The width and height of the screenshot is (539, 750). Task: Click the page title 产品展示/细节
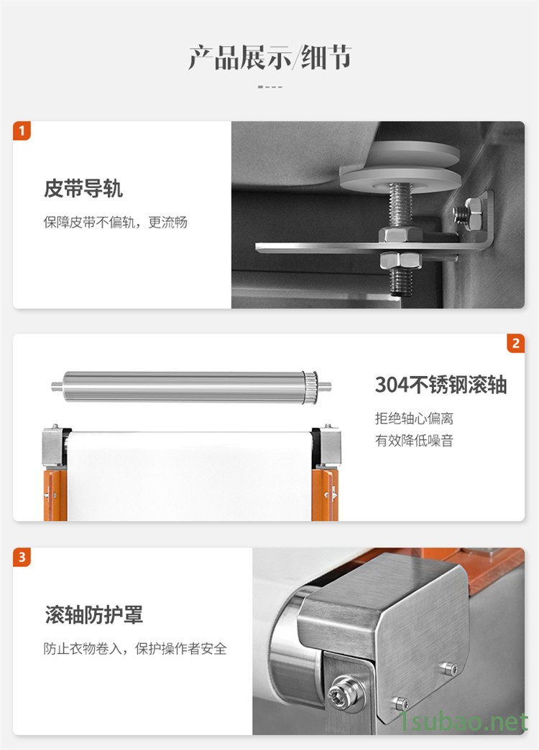tap(269, 57)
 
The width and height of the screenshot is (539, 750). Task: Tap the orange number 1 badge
tap(22, 131)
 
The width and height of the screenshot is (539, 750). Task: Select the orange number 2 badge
tap(515, 343)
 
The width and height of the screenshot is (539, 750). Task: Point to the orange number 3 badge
tap(22, 557)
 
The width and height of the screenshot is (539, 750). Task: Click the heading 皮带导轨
tap(83, 189)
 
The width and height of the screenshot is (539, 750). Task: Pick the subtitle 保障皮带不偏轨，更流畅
tap(116, 222)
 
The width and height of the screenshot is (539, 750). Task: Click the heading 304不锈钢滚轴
tap(441, 385)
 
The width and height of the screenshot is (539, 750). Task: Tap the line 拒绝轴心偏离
tap(414, 418)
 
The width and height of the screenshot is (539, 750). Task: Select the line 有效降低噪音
tap(414, 441)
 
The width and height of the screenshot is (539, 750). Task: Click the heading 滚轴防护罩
tap(94, 615)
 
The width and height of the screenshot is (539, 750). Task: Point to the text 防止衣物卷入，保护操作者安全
tap(135, 649)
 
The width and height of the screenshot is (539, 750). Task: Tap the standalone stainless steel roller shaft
tap(191, 386)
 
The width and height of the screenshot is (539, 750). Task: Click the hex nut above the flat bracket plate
tap(400, 235)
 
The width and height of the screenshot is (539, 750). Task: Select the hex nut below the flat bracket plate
tap(400, 261)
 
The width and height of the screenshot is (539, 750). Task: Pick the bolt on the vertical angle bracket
tap(468, 213)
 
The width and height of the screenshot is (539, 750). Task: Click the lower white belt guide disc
tap(400, 179)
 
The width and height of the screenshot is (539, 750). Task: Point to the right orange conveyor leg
tap(325, 494)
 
